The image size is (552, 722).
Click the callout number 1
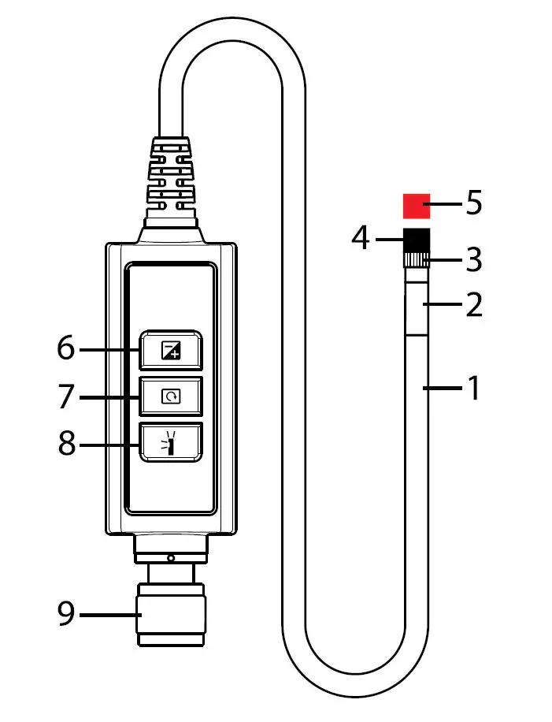473,388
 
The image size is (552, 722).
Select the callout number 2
473,305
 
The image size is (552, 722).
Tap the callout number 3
473,259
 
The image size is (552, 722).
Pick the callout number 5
473,203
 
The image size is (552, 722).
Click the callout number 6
66,348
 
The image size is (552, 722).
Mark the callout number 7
66,396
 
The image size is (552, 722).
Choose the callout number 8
66,444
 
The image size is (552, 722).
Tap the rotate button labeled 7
171,396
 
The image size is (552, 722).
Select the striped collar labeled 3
416,260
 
